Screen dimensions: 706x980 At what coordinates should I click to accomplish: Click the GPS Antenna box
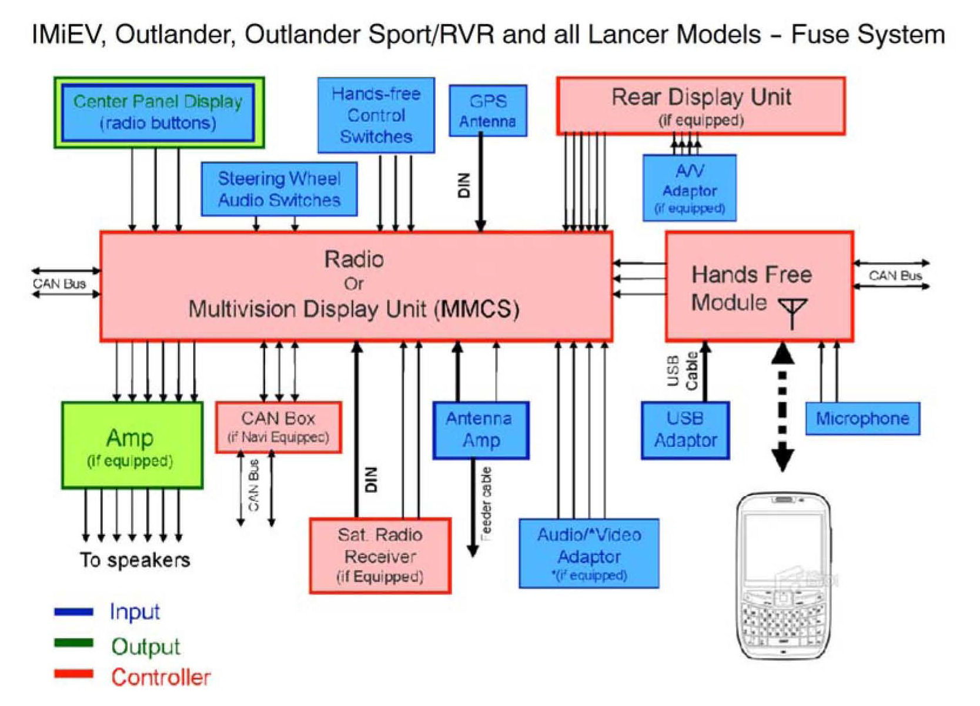click(x=488, y=111)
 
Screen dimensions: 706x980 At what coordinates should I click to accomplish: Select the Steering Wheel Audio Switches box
click(x=279, y=189)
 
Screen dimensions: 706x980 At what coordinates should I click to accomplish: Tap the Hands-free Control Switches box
click(x=376, y=115)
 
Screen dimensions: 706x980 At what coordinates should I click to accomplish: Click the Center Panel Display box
click(x=158, y=112)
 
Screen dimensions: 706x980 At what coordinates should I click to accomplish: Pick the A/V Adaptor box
click(x=689, y=188)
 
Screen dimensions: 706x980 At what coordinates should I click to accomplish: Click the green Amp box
click(x=132, y=446)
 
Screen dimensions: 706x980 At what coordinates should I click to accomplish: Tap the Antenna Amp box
click(x=481, y=430)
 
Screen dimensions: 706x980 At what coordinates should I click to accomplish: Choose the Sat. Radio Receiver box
click(x=380, y=556)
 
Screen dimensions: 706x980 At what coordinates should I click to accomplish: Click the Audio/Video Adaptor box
click(x=589, y=553)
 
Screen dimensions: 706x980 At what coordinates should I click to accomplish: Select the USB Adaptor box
click(x=685, y=430)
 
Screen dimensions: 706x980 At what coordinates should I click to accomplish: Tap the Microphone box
click(x=862, y=419)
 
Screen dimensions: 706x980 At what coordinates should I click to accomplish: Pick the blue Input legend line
click(x=73, y=612)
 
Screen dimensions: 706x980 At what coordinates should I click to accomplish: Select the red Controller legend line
click(x=73, y=674)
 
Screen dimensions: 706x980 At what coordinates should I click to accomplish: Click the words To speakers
click(x=135, y=560)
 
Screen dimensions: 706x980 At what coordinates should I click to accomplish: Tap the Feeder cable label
click(x=486, y=504)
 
